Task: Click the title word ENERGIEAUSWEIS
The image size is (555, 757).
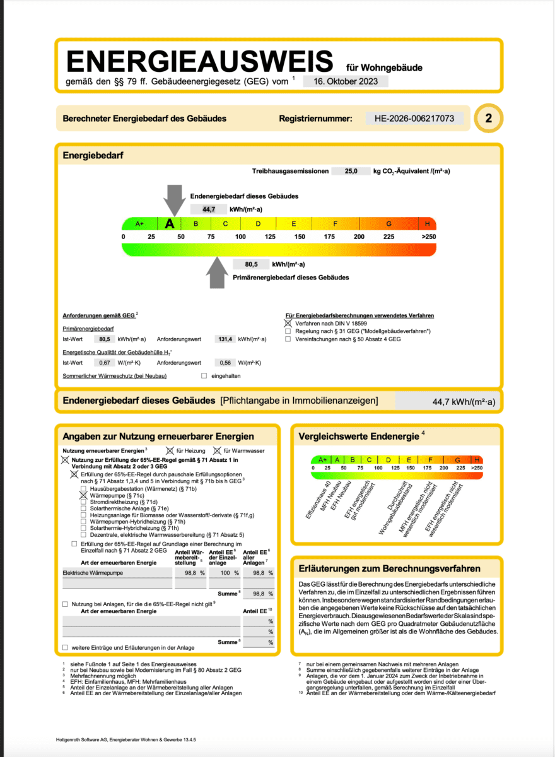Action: (199, 61)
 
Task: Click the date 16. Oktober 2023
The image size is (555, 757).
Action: (346, 81)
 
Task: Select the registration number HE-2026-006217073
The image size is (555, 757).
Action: (414, 118)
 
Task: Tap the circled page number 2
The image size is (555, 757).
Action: (489, 118)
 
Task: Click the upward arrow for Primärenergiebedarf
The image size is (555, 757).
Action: (218, 273)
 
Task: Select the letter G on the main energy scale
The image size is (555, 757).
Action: (389, 224)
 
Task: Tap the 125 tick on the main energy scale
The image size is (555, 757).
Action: (270, 237)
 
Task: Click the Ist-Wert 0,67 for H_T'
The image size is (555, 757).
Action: (104, 363)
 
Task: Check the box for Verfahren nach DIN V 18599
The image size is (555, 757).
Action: (288, 323)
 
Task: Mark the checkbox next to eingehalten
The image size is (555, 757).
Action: (204, 376)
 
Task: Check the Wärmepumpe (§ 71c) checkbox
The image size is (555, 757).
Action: (84, 496)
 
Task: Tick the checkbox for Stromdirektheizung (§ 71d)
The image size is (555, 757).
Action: (84, 503)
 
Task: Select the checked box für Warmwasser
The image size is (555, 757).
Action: (218, 450)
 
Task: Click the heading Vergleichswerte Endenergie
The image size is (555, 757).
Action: (358, 436)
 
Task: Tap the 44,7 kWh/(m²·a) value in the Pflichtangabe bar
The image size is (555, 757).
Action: (464, 401)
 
